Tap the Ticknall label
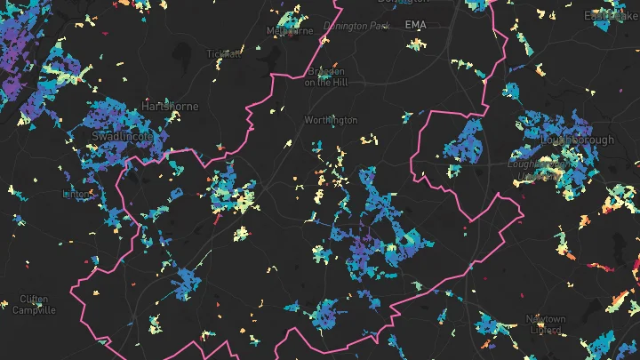[x=223, y=53]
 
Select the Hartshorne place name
[x=171, y=106]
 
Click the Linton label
[x=78, y=193]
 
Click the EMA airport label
[x=415, y=25]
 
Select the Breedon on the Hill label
[x=324, y=76]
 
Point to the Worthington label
[x=331, y=120]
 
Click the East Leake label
[x=612, y=16]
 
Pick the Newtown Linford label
[x=545, y=324]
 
